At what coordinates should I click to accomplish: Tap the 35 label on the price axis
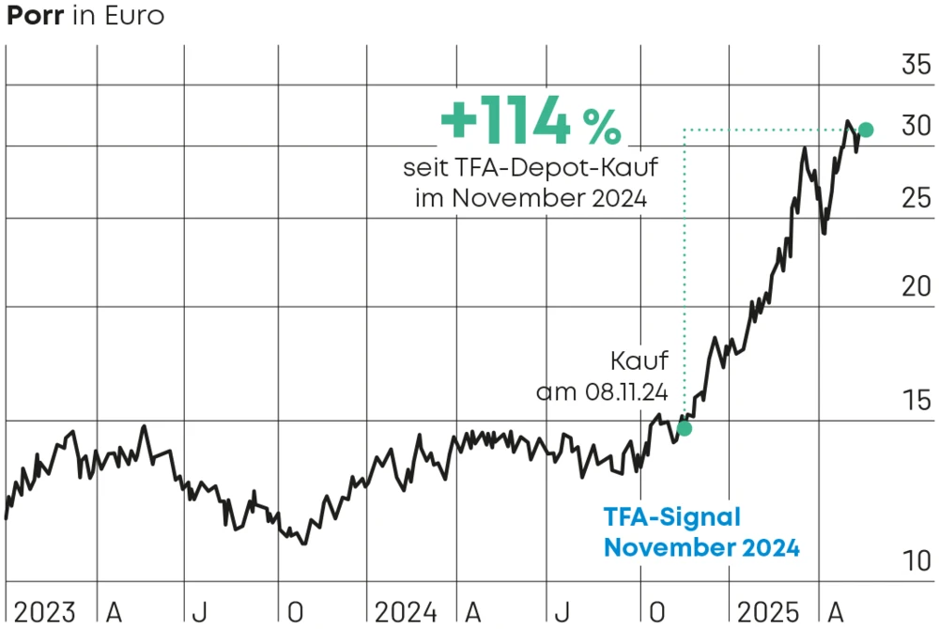(916, 66)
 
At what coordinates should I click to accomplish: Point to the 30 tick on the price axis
(916, 127)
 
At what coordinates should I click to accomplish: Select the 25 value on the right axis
(916, 198)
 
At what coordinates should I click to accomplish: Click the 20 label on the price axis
(916, 287)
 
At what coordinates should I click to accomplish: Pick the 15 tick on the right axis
(916, 401)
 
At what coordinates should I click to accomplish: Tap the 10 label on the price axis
(916, 561)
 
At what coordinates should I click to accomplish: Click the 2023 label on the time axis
(44, 612)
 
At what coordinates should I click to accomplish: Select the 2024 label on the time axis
(406, 612)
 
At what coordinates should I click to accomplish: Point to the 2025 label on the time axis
(768, 612)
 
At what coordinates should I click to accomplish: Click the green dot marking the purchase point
(685, 428)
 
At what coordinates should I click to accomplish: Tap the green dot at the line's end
(866, 130)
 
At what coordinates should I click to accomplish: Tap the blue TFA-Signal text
(671, 517)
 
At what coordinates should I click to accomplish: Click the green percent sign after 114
(601, 127)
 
